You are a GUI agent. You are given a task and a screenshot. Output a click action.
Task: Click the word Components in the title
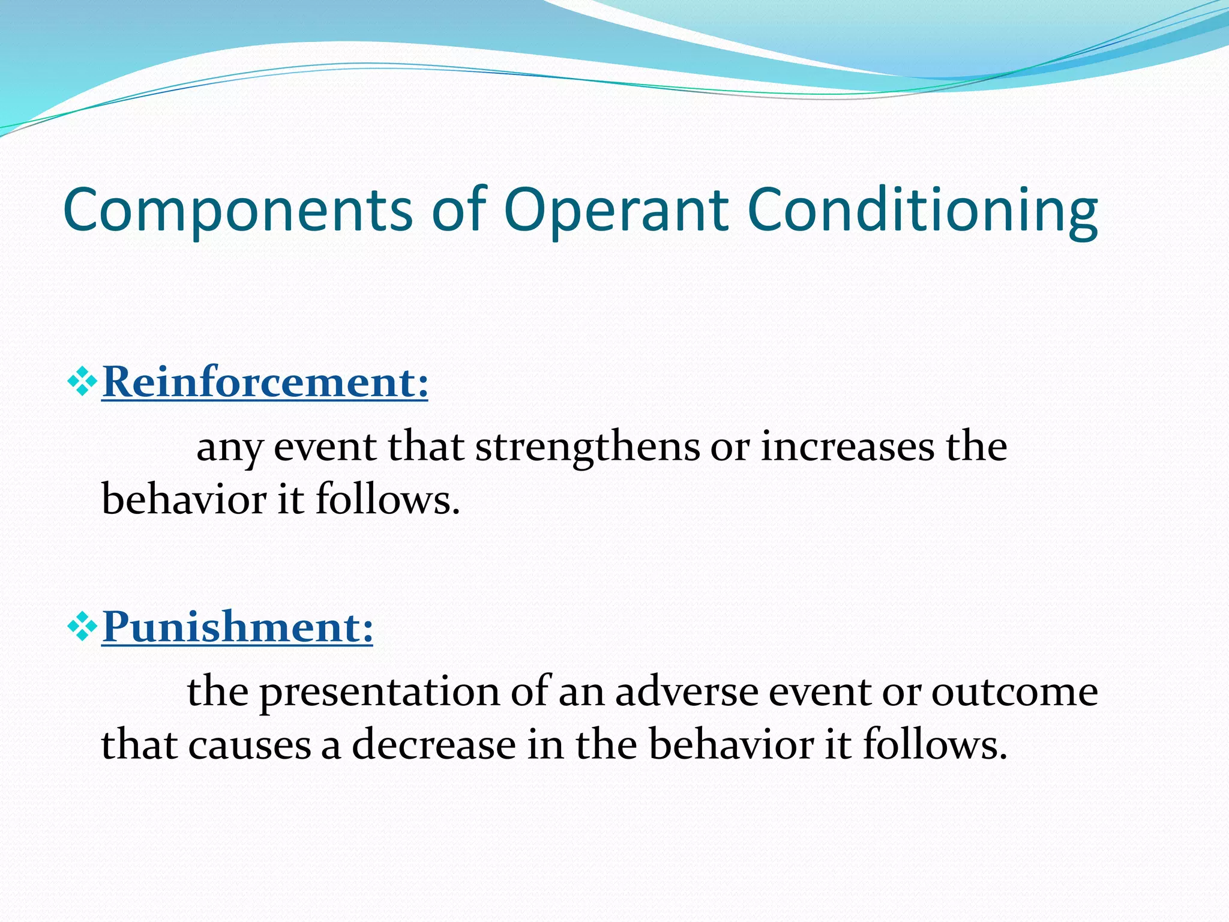pyautogui.click(x=238, y=210)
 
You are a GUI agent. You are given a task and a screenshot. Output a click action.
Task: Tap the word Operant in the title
pyautogui.click(x=616, y=210)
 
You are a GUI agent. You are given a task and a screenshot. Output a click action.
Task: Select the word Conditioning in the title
pyautogui.click(x=922, y=210)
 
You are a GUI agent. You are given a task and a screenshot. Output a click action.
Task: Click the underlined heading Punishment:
pyautogui.click(x=237, y=627)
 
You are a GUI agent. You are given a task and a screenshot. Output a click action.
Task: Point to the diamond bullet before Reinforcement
pyautogui.click(x=82, y=383)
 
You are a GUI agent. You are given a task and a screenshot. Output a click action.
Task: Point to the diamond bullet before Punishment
pyautogui.click(x=82, y=628)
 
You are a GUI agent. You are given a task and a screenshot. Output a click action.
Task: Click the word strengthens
pyautogui.click(x=587, y=447)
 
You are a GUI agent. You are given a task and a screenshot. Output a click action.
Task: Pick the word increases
pyautogui.click(x=847, y=447)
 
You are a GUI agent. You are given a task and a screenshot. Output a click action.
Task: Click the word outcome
pyautogui.click(x=1014, y=691)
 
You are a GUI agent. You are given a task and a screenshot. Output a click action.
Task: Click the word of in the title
pyautogui.click(x=459, y=210)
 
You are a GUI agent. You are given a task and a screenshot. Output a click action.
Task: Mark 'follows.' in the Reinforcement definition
pyautogui.click(x=388, y=499)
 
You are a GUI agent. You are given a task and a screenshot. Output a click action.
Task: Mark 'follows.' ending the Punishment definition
pyautogui.click(x=934, y=744)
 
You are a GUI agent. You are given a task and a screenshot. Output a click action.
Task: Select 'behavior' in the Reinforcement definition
pyautogui.click(x=184, y=499)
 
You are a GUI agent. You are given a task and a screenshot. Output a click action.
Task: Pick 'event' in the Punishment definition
pyautogui.click(x=820, y=691)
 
